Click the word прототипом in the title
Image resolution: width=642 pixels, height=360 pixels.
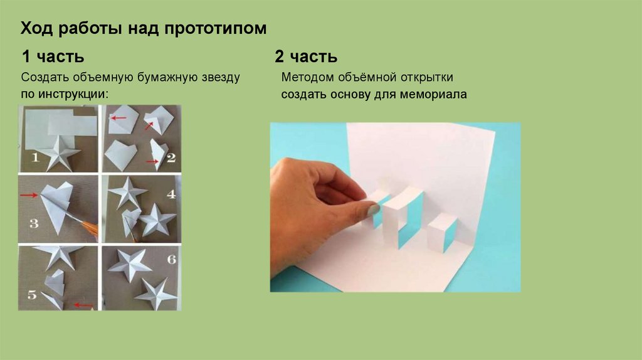click(216, 29)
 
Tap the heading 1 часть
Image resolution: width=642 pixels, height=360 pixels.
click(53, 56)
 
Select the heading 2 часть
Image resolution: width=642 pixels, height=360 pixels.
click(306, 56)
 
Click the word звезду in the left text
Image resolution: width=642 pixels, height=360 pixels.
click(221, 77)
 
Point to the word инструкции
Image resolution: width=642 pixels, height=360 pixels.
click(72, 94)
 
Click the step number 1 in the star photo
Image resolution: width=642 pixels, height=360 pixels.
click(35, 157)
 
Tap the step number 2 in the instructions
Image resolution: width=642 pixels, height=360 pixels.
click(171, 157)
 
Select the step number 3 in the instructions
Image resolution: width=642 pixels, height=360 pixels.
click(34, 223)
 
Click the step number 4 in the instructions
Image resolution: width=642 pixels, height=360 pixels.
click(171, 194)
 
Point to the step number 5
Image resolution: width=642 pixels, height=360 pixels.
click(32, 295)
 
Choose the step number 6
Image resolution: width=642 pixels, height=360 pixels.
click(172, 259)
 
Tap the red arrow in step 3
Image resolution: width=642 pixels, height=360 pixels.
click(29, 195)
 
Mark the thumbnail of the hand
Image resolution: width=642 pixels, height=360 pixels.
click(374, 210)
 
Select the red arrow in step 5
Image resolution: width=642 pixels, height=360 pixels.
click(83, 305)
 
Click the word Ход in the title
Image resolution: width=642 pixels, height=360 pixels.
click(36, 29)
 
